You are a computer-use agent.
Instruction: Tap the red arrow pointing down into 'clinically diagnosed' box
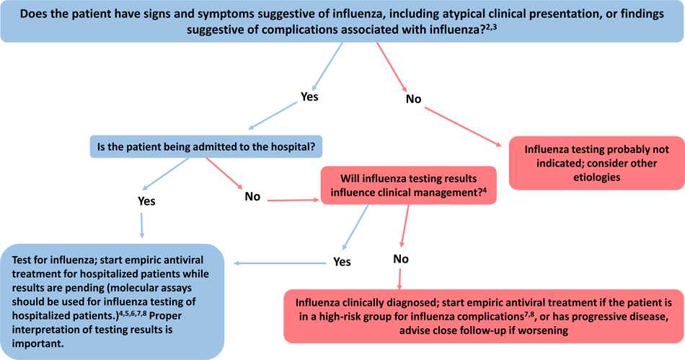pyautogui.click(x=399, y=278)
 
